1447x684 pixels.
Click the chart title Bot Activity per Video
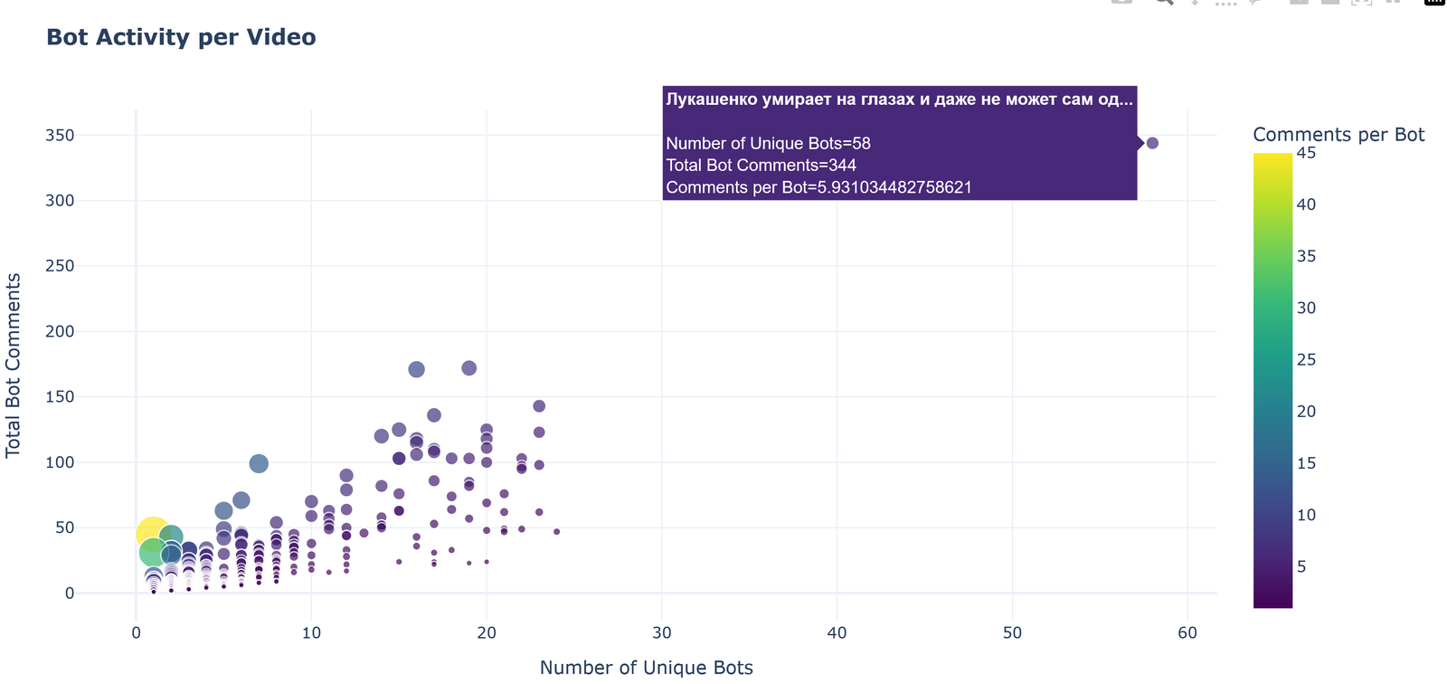181,38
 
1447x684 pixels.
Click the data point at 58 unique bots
1151,143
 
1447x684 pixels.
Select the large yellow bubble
152,534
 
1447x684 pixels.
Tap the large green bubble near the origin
153,551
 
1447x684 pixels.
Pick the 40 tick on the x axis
837,633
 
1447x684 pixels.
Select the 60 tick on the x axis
1187,633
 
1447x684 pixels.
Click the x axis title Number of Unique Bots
646,668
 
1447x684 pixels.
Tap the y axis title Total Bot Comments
14,365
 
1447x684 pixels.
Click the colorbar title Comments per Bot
1338,135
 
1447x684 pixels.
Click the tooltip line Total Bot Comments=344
761,166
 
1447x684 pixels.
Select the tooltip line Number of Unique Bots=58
768,144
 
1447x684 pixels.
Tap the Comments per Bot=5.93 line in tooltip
818,188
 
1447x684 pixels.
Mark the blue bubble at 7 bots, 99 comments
259,464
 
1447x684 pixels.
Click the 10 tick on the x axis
311,633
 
